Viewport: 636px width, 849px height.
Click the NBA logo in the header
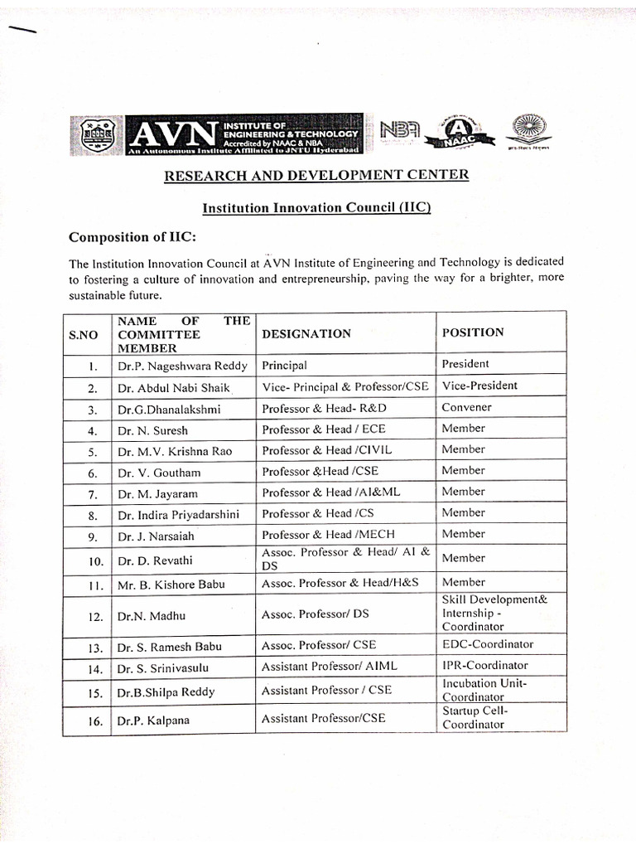pyautogui.click(x=400, y=131)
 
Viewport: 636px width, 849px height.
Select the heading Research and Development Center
pyautogui.click(x=316, y=175)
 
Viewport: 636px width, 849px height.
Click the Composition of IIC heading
pyautogui.click(x=132, y=238)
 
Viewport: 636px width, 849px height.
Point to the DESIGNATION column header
pyautogui.click(x=306, y=333)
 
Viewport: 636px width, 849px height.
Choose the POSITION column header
pyautogui.click(x=473, y=332)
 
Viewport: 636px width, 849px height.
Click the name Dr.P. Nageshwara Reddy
pyautogui.click(x=171, y=366)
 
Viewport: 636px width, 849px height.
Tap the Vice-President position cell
pyautogui.click(x=479, y=386)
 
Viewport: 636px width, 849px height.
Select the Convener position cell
pyautogui.click(x=466, y=407)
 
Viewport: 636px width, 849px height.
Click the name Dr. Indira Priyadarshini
pyautogui.click(x=178, y=515)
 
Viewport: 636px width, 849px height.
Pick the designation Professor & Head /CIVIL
pyautogui.click(x=326, y=450)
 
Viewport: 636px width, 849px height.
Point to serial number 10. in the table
pyautogui.click(x=96, y=561)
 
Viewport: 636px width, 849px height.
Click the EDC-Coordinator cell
pyautogui.click(x=488, y=644)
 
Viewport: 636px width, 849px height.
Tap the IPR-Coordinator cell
pyautogui.click(x=484, y=665)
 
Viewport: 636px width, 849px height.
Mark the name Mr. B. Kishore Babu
pyautogui.click(x=171, y=584)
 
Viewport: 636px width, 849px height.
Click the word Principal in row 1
pyautogui.click(x=284, y=365)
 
